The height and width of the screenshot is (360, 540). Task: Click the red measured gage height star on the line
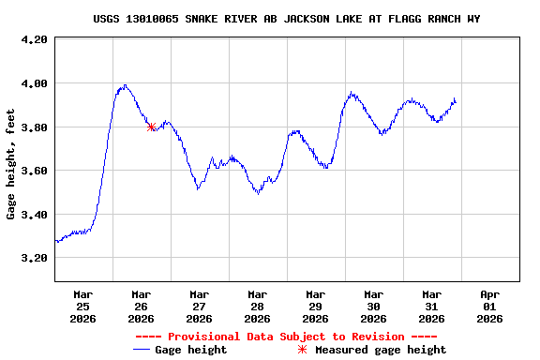pos(151,127)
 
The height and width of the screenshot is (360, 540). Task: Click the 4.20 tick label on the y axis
pos(34,39)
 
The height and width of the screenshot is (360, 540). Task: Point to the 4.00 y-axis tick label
pos(34,83)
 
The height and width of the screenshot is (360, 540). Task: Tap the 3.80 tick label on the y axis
pos(34,127)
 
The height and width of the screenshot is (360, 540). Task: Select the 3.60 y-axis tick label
pos(34,171)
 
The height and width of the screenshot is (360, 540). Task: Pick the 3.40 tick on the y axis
pos(34,215)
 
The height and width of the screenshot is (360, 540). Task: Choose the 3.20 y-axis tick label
pos(34,258)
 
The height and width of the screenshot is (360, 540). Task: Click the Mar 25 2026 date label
pos(82,306)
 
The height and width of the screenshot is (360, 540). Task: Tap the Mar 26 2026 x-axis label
pos(141,306)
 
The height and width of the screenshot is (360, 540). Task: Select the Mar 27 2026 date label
pos(199,306)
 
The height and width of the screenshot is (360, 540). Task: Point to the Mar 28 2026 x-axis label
pos(257,306)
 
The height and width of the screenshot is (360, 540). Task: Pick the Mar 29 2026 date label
pos(315,306)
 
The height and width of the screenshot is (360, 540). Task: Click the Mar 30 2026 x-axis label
pos(373,306)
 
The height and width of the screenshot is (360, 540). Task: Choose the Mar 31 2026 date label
pos(431,306)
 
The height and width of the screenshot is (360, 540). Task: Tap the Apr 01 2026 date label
pos(489,306)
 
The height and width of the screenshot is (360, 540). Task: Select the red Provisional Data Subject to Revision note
pos(286,337)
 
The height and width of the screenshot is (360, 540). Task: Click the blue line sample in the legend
pos(142,350)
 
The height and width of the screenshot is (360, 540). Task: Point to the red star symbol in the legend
pos(302,350)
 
